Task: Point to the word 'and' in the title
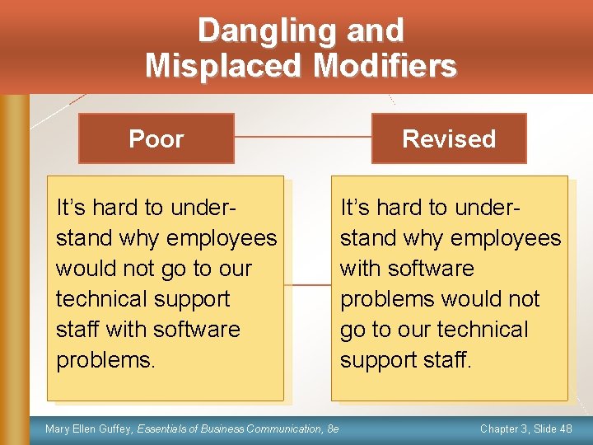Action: click(x=376, y=31)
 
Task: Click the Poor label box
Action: click(x=156, y=138)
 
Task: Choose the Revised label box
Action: click(x=449, y=138)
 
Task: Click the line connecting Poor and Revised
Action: click(x=302, y=136)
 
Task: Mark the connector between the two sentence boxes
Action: click(x=307, y=286)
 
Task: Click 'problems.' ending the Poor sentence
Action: click(x=105, y=360)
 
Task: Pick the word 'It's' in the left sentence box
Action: click(x=72, y=208)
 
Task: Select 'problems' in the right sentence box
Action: click(x=390, y=299)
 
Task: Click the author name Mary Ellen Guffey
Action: click(x=89, y=429)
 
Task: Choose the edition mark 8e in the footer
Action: click(x=332, y=429)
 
